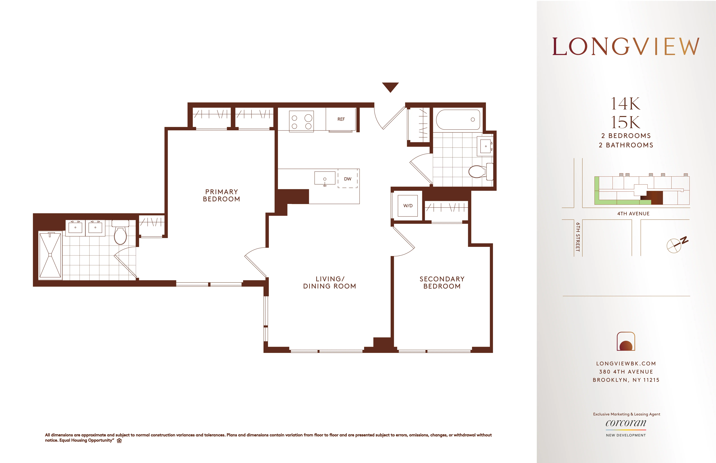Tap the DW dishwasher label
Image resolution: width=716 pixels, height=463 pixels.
tap(347, 179)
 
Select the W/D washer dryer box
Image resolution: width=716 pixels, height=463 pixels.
tap(408, 206)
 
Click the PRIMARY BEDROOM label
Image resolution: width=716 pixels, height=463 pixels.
tap(221, 195)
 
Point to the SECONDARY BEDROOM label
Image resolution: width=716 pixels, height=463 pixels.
tap(442, 283)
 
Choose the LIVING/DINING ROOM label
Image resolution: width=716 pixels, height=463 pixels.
tap(329, 283)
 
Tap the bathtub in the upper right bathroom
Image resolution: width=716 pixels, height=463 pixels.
tap(458, 120)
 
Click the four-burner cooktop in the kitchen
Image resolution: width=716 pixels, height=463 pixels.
tap(301, 121)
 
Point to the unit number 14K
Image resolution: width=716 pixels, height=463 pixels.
tap(626, 104)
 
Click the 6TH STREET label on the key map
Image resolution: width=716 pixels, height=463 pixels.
tap(578, 237)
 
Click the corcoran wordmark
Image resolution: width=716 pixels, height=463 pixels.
tap(626, 423)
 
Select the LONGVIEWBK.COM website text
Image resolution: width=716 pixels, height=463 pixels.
tap(626, 363)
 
